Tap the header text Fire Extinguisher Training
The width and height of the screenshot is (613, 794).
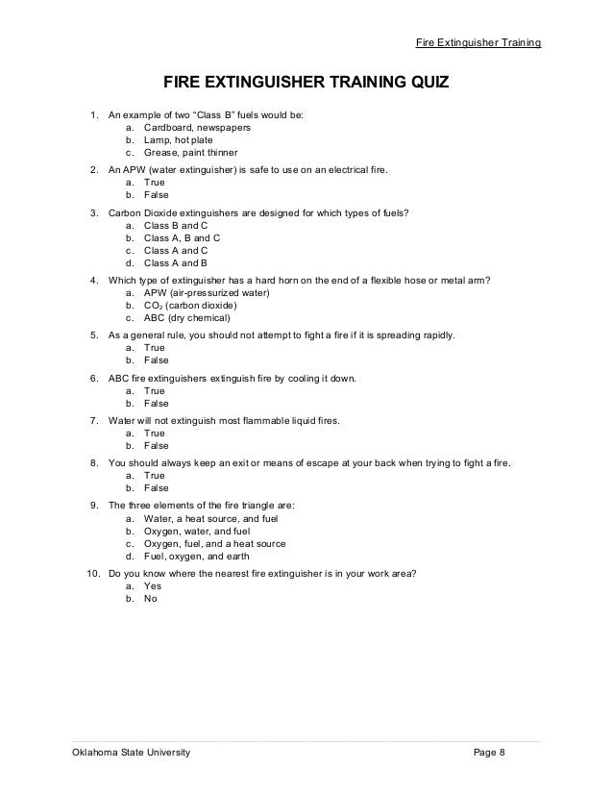[478, 43]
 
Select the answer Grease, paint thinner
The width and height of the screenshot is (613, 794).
[190, 153]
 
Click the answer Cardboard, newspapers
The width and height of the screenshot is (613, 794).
[197, 126]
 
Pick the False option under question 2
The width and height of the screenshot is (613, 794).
[156, 194]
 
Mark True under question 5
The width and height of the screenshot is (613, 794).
[155, 347]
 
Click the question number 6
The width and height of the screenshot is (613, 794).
[93, 378]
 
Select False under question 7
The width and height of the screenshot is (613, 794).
[156, 446]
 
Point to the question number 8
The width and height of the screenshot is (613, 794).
[93, 462]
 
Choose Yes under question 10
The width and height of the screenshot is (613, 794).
[152, 584]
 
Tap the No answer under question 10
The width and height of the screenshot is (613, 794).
[150, 598]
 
